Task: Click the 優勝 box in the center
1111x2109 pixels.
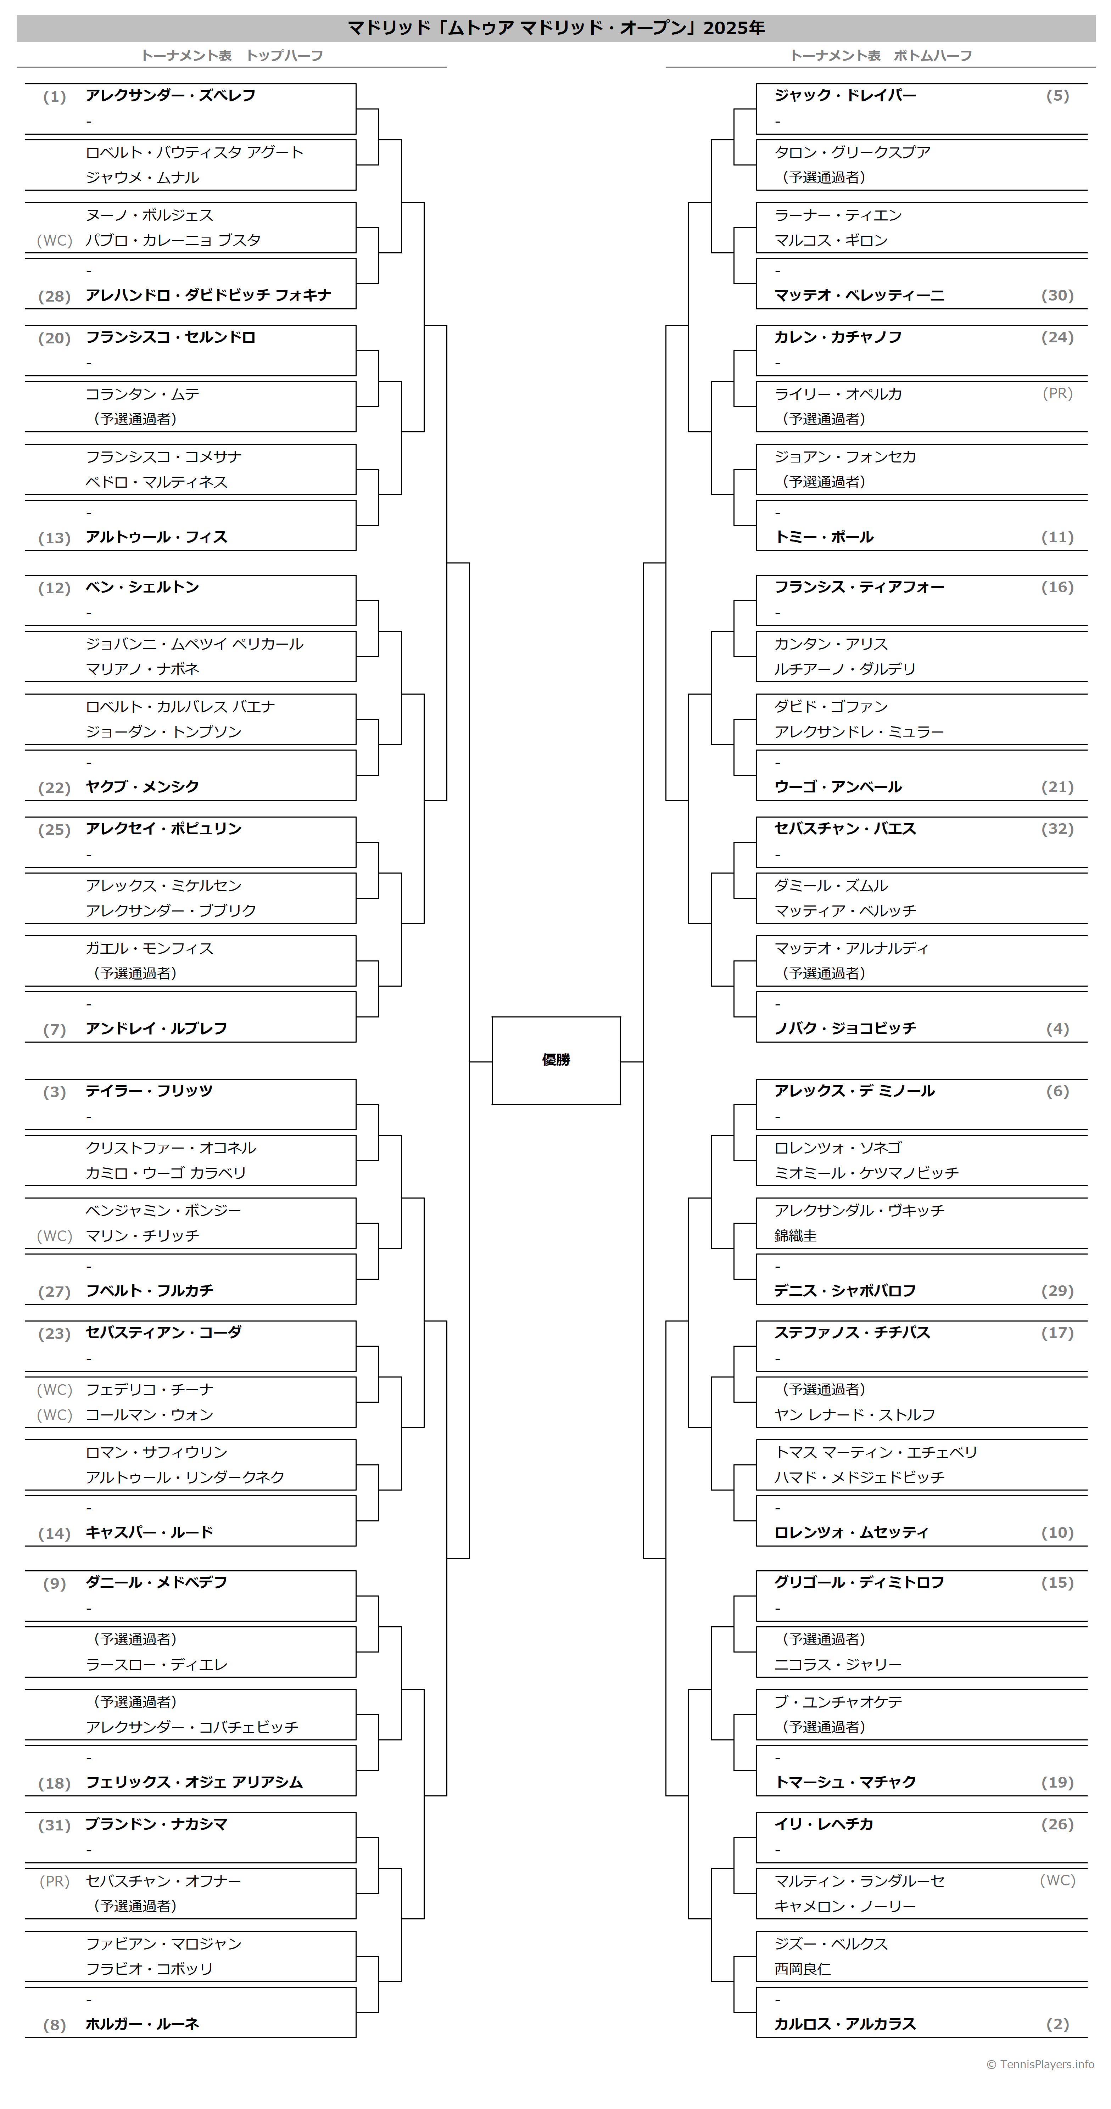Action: click(556, 1060)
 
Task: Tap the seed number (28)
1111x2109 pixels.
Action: click(54, 296)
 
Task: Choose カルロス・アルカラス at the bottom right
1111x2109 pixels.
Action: click(845, 2024)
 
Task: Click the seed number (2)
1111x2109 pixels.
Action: click(1058, 2025)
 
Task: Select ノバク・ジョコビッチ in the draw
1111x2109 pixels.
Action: click(845, 1028)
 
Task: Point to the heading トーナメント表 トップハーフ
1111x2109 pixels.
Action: click(232, 56)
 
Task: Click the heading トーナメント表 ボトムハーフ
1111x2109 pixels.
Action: click(880, 56)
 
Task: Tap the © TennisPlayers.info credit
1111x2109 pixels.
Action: click(1040, 2064)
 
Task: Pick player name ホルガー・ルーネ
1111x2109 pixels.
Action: click(143, 2024)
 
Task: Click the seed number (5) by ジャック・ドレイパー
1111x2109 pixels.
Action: click(1058, 96)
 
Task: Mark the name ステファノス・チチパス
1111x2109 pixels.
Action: click(852, 1332)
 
